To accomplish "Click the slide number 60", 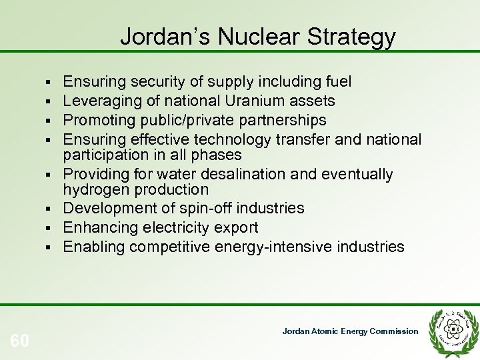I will click(20, 323).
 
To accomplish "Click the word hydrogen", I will click(95, 190).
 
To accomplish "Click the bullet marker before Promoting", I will click(51, 121).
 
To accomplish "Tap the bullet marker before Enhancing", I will click(51, 228).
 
